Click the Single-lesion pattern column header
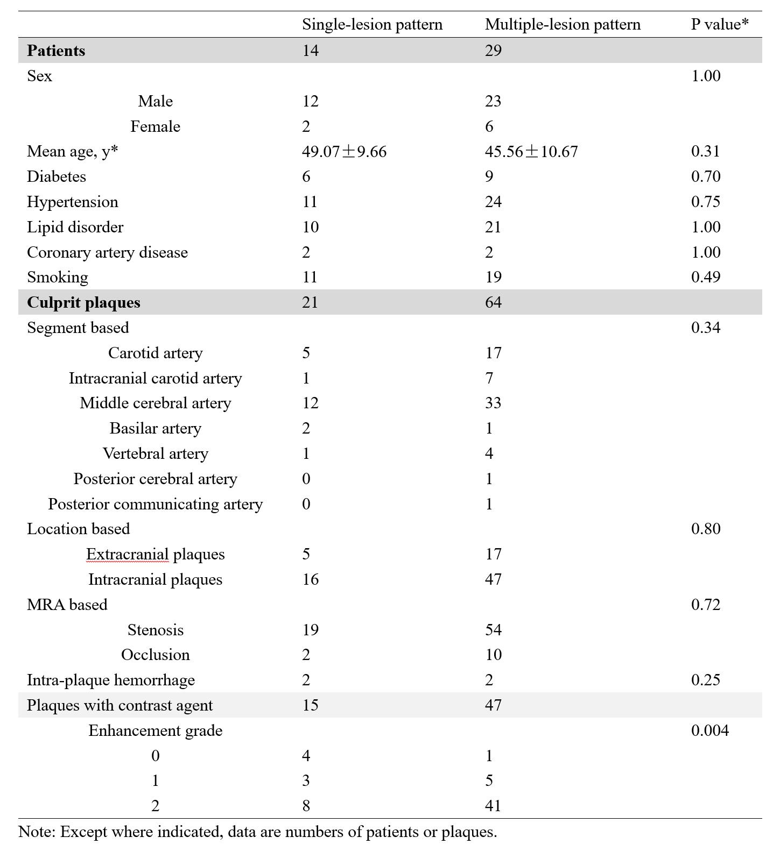click(372, 25)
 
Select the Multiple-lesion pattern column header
click(563, 25)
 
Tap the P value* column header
click(720, 24)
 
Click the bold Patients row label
click(56, 51)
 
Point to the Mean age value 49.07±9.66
click(344, 152)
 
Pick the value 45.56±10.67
click(531, 152)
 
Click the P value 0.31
click(705, 151)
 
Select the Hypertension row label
click(73, 202)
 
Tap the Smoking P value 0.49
click(705, 277)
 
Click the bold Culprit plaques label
click(83, 302)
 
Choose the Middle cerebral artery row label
click(156, 403)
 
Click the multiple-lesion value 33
click(493, 403)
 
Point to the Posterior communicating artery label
click(156, 504)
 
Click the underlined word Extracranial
click(128, 554)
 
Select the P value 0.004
click(709, 730)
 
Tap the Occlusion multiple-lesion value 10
click(493, 655)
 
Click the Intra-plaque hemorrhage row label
click(111, 680)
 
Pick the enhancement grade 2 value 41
click(493, 806)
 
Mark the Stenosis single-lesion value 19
click(310, 630)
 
